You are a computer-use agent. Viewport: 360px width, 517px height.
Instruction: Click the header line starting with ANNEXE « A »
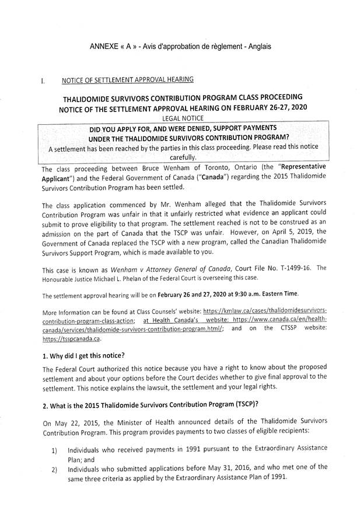point(180,45)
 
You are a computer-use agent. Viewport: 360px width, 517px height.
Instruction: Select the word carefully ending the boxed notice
point(183,157)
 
